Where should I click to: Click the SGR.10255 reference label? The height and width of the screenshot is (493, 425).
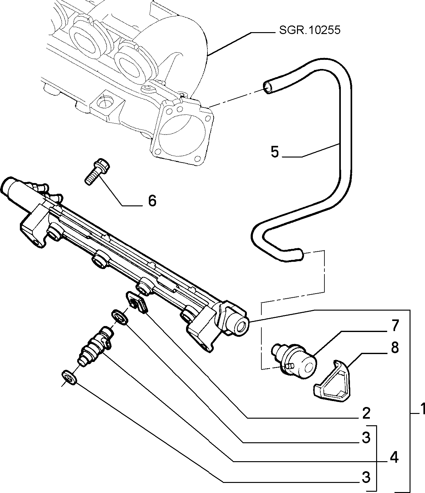point(309,30)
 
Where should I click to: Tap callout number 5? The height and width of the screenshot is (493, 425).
point(275,152)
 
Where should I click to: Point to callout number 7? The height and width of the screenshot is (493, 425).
point(395,326)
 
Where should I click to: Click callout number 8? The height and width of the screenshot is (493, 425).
point(395,348)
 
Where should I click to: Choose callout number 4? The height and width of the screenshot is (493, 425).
point(394,458)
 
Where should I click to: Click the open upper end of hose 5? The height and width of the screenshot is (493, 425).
point(268,88)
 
